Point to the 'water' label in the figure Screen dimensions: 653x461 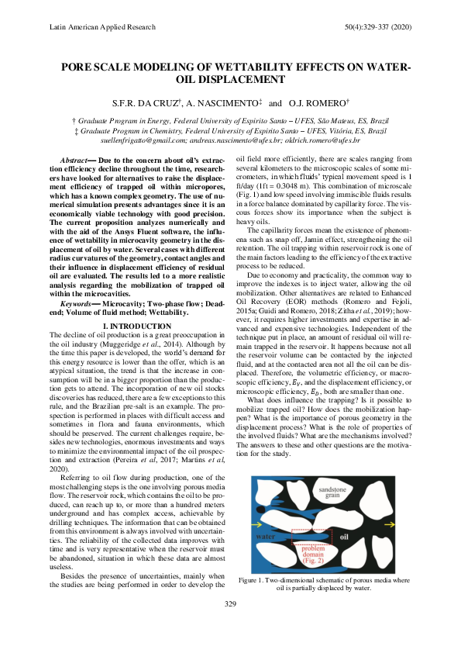[x=268, y=536]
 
